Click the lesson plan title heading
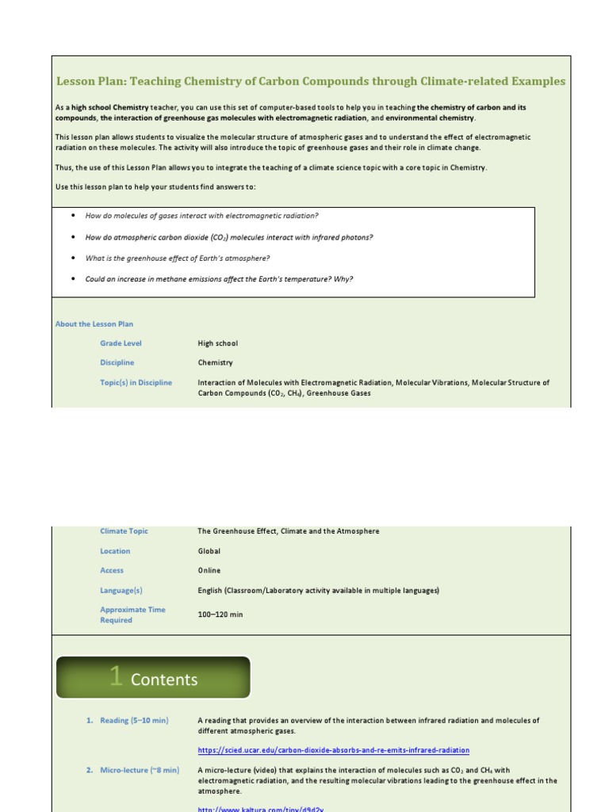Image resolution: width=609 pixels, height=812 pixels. tap(311, 81)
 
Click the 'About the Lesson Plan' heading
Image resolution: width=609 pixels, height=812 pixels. tap(94, 324)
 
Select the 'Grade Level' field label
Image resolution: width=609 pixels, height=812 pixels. tap(121, 343)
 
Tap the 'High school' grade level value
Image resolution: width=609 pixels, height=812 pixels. tap(217, 343)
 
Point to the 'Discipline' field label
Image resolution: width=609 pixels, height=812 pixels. tap(117, 362)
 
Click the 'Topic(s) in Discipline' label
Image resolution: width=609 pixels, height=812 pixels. tap(136, 382)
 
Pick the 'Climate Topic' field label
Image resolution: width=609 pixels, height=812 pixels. tap(124, 531)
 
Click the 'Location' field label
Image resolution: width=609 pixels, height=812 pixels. tap(115, 551)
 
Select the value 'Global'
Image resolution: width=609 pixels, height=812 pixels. tap(209, 551)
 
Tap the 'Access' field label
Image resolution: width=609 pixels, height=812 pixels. tap(112, 570)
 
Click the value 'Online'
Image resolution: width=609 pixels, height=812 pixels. tap(209, 570)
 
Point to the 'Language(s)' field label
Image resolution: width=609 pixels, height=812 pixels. tap(121, 590)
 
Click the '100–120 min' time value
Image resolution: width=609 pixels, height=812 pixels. tap(220, 615)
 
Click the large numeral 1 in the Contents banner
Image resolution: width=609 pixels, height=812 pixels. tap(116, 676)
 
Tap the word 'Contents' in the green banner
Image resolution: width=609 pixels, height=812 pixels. tap(164, 680)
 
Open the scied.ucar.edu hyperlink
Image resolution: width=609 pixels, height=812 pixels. tap(333, 750)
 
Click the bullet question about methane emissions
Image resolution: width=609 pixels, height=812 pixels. tap(219, 279)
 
